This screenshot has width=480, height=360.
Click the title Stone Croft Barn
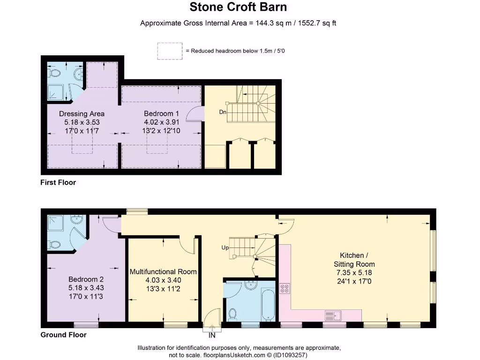click(x=238, y=7)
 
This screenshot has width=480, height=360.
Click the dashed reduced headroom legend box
click(x=170, y=51)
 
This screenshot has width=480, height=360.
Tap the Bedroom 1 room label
click(x=161, y=113)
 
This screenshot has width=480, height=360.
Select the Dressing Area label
click(x=82, y=113)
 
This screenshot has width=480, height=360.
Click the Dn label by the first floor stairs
click(x=223, y=112)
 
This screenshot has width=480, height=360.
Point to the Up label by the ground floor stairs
click(x=225, y=247)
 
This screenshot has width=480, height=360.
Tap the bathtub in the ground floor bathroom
click(x=268, y=304)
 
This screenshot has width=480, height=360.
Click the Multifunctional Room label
click(x=163, y=272)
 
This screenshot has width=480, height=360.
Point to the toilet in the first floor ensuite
click(x=55, y=74)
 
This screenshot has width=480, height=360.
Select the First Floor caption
click(x=58, y=182)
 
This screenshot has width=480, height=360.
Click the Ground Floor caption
click(x=63, y=335)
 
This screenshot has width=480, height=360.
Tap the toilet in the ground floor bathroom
click(x=233, y=313)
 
